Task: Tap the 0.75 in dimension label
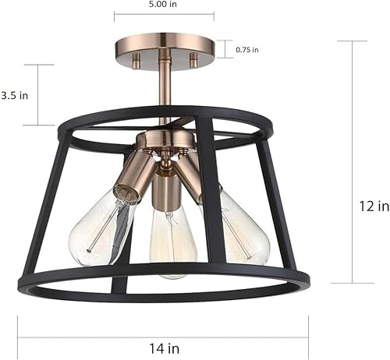pos(247,49)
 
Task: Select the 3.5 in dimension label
pos(15,95)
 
